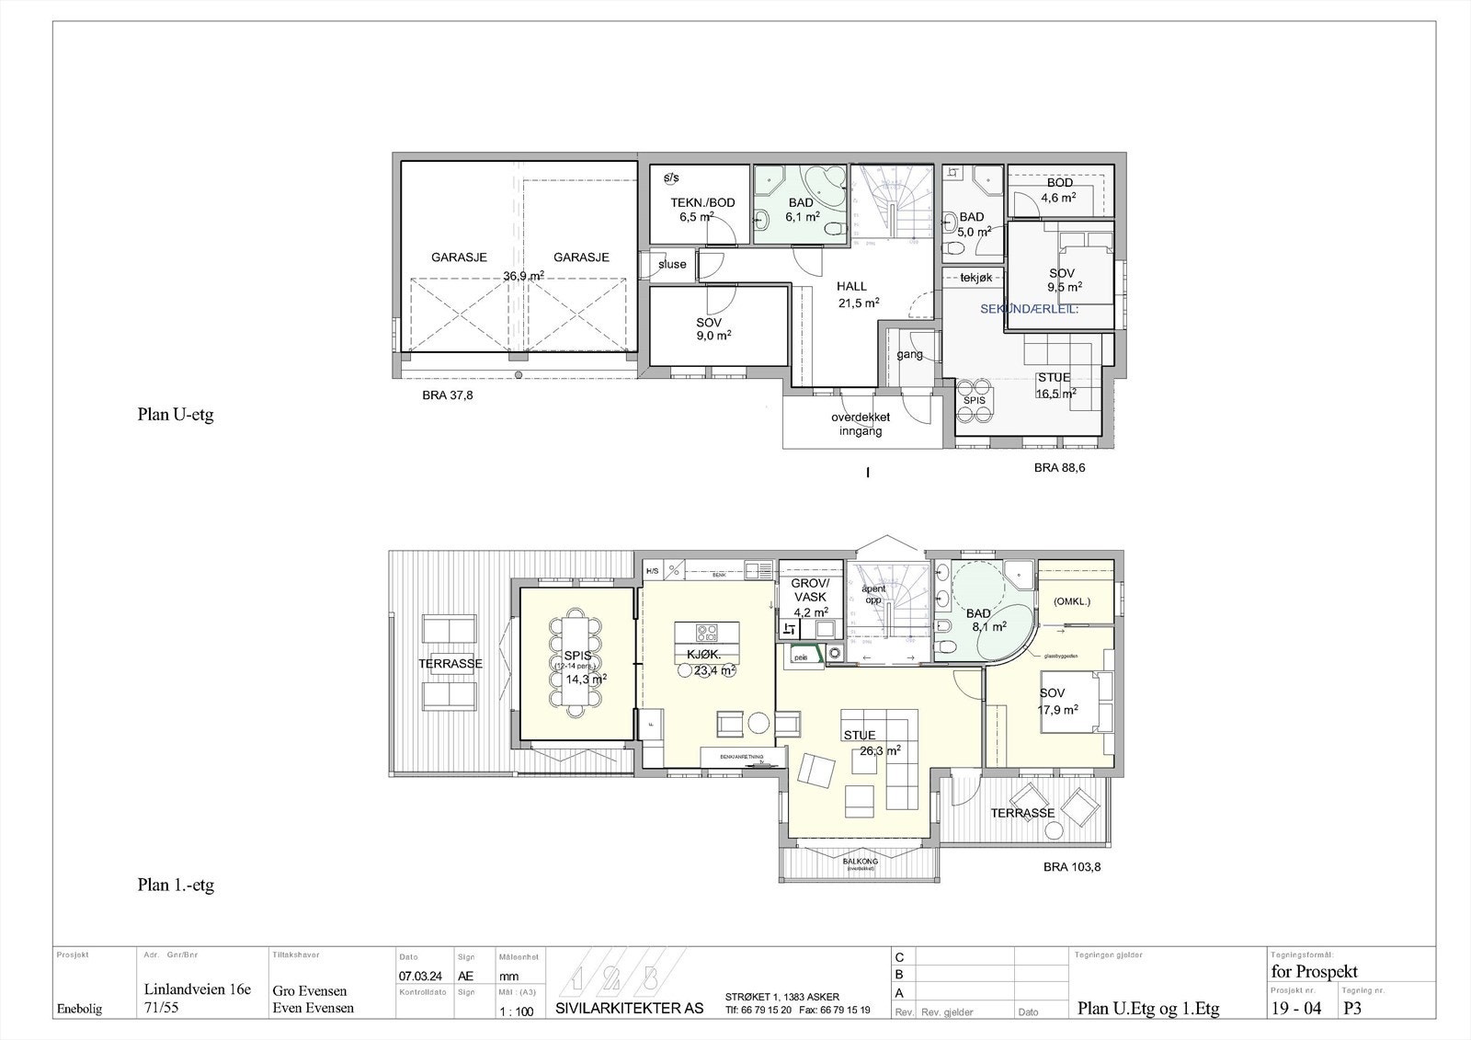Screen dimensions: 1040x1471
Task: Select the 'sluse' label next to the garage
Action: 672,264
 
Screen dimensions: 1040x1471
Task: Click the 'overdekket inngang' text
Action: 861,424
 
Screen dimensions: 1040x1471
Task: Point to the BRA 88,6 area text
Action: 1059,467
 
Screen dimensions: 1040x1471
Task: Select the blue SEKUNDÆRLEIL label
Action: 1029,309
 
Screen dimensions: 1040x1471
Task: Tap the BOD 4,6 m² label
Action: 1059,190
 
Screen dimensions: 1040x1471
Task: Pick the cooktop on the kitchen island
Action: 706,633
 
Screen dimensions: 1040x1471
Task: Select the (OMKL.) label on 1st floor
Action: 1071,601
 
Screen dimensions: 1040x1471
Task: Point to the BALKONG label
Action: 860,861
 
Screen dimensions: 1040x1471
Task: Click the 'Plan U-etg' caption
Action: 176,415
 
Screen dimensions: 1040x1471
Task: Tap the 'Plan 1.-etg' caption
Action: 176,886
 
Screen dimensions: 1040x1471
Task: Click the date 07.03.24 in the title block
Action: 418,976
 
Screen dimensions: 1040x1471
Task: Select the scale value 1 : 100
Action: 515,1011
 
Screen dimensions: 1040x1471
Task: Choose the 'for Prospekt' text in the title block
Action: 1314,972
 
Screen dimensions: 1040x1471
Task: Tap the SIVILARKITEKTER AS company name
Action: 630,1008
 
